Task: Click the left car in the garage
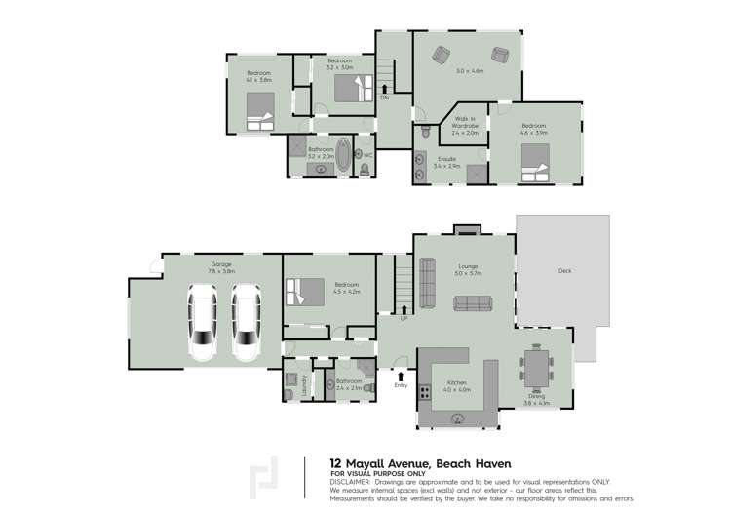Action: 203,322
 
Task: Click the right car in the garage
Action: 247,322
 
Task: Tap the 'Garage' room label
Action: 221,264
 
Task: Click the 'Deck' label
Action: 564,270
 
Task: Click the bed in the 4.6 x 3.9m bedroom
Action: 534,162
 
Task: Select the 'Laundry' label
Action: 304,381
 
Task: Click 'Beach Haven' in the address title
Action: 474,463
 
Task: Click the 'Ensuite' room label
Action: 446,158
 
